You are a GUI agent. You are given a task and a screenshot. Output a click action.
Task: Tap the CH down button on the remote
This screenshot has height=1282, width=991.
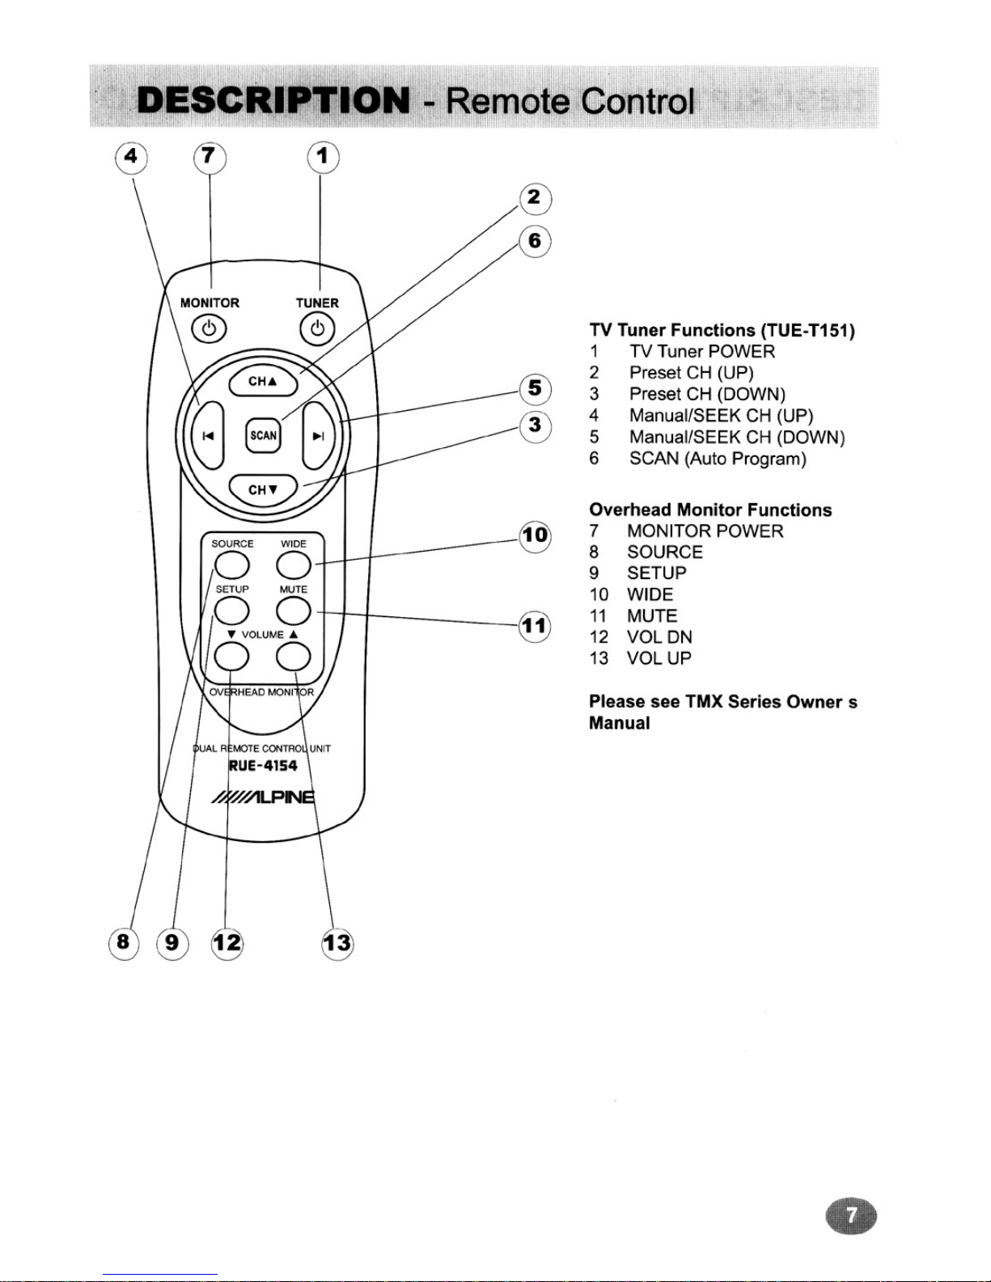click(263, 489)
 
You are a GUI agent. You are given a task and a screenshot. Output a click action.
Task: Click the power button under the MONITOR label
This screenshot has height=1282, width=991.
click(210, 328)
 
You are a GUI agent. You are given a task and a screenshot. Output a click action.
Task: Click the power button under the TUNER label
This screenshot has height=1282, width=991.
click(317, 328)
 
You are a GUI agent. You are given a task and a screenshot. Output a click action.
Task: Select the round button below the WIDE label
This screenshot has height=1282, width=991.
click(294, 566)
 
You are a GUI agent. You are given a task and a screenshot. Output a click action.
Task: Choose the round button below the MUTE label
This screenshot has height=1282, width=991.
click(294, 611)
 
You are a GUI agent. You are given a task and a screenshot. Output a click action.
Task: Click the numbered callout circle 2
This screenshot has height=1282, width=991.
click(535, 198)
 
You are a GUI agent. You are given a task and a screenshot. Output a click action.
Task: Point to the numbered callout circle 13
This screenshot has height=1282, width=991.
click(337, 943)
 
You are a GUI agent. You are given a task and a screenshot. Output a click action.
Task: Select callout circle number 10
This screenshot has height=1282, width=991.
click(535, 536)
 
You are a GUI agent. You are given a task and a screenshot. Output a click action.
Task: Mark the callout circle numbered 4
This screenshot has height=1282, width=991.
click(131, 158)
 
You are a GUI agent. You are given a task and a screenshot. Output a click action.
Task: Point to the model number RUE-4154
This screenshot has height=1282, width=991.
click(263, 766)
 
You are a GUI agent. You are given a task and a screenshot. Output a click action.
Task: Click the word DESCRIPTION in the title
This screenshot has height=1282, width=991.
click(273, 100)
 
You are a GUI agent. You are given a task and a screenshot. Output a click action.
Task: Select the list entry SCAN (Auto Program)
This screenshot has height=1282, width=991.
click(718, 459)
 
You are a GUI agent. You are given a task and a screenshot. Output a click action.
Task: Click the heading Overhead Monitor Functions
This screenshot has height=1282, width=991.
click(710, 510)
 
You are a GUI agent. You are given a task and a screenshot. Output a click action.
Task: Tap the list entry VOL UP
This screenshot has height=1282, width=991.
click(659, 658)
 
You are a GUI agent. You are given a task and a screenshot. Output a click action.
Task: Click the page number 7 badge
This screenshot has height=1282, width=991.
click(850, 1216)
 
